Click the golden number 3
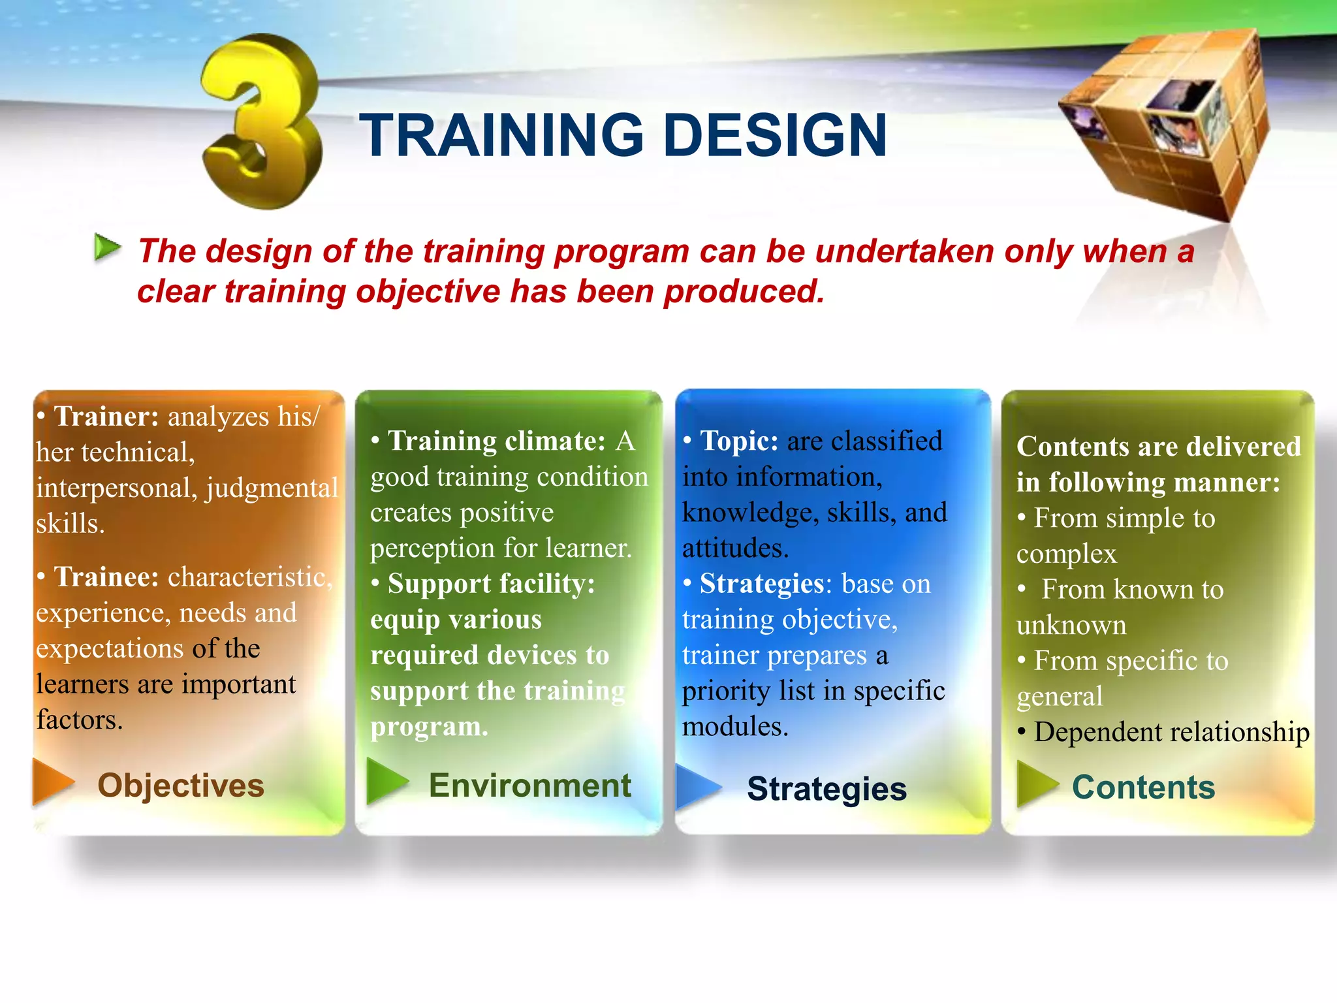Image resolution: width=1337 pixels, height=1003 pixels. coord(261,124)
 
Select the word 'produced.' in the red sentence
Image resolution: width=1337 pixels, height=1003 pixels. coord(744,291)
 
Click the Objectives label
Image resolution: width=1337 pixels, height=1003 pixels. coord(181,786)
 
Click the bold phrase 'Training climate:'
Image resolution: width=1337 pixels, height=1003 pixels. coord(496,441)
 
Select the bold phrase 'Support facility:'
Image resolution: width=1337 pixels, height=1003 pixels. coord(491,584)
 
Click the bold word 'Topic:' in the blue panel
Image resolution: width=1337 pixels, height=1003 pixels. coord(738,441)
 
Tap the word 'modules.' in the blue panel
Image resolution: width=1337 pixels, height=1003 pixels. coord(735,727)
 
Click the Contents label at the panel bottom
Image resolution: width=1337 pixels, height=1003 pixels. coord(1143,788)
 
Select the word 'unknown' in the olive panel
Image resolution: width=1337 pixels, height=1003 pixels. coord(1071,626)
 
